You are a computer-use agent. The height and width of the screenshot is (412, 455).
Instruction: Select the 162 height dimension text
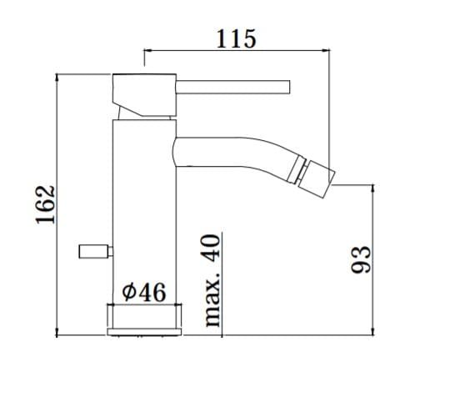coord(47,203)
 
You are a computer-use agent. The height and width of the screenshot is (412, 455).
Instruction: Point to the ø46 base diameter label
coord(145,292)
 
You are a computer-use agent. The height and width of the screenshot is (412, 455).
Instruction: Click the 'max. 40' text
coord(212,280)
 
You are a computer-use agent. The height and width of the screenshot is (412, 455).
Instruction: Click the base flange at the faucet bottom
coord(145,319)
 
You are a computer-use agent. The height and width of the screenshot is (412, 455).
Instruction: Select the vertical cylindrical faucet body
coord(143,209)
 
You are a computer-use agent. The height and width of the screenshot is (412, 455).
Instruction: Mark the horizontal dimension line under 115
coord(236,49)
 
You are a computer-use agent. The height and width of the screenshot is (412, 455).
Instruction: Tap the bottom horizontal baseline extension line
coord(275,334)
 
